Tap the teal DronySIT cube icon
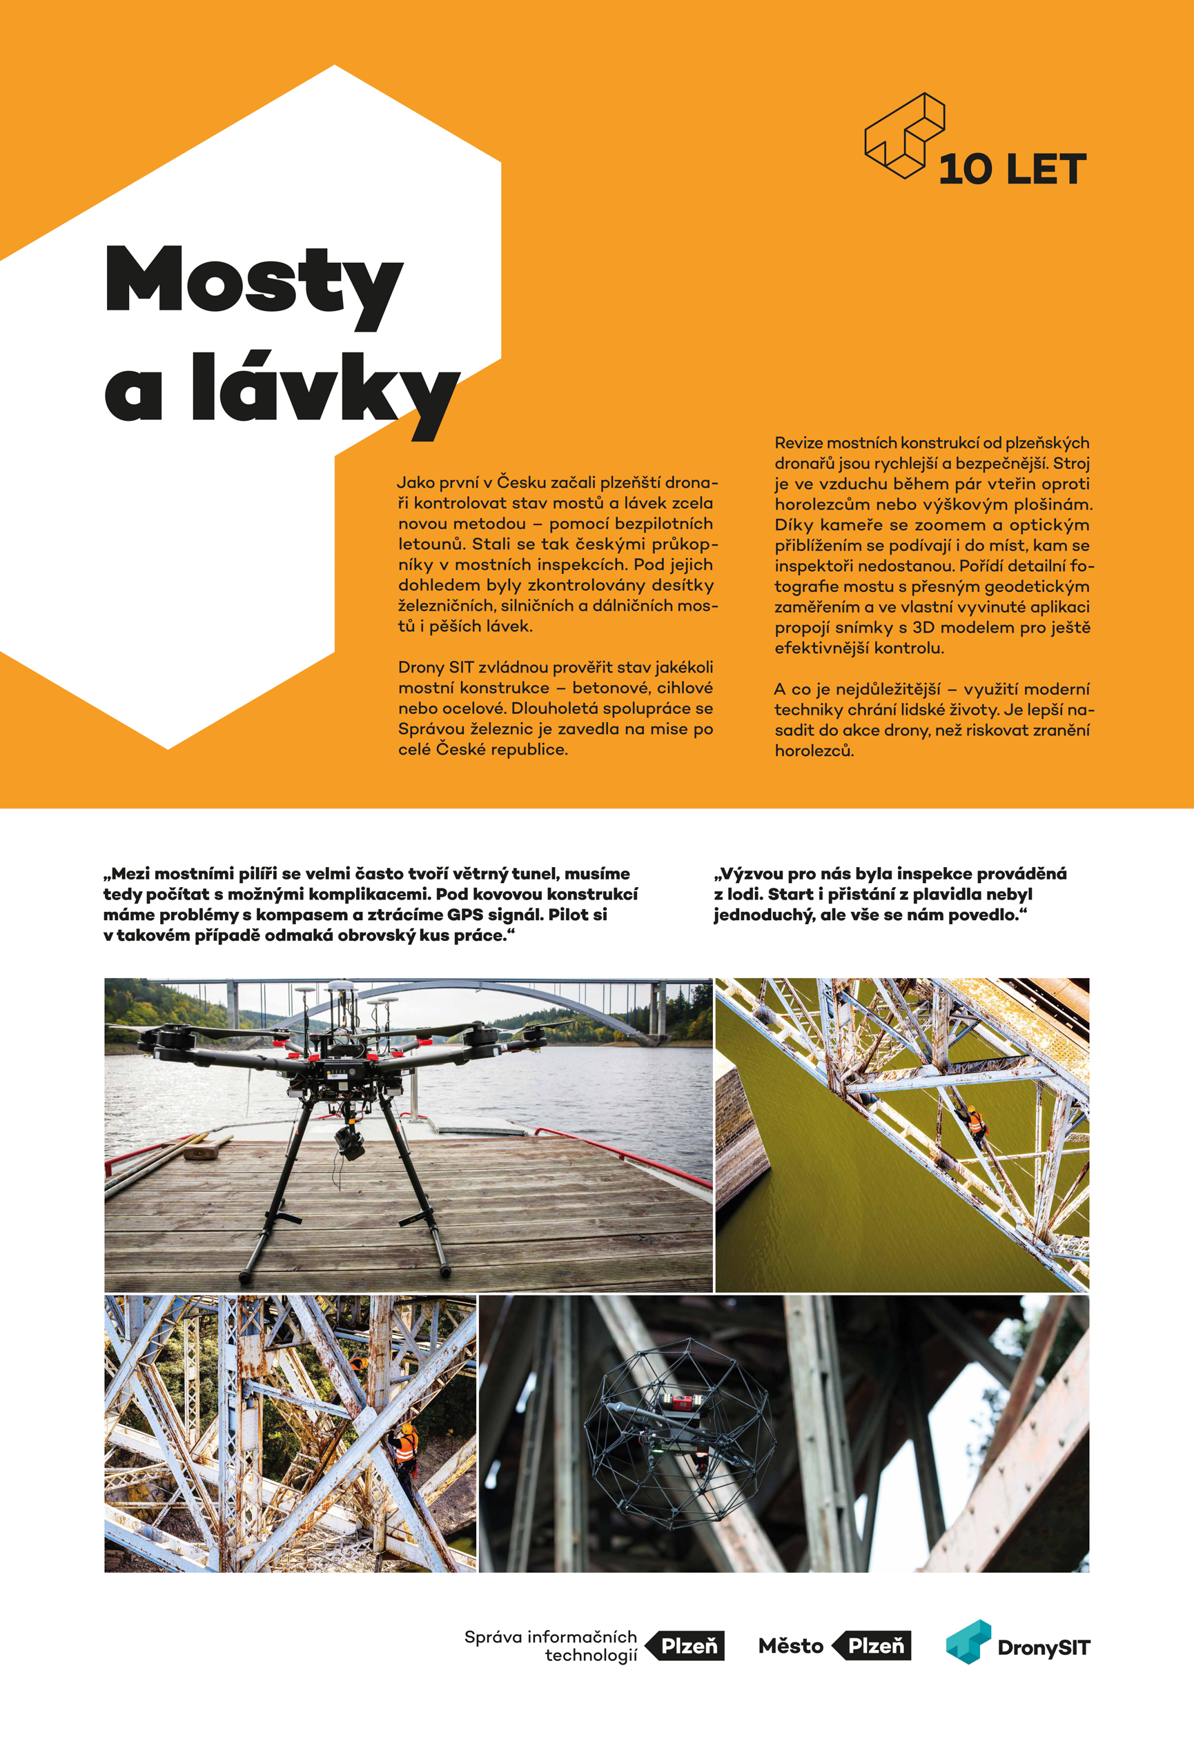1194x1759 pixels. tap(968, 1642)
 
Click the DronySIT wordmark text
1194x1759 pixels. tap(1044, 1648)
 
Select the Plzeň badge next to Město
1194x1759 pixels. tap(874, 1645)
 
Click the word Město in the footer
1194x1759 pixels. tap(790, 1645)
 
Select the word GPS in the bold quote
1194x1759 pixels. tap(464, 914)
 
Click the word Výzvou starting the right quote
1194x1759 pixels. tap(754, 873)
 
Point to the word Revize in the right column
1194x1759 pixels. tap(798, 443)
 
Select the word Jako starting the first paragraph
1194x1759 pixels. tap(415, 482)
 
